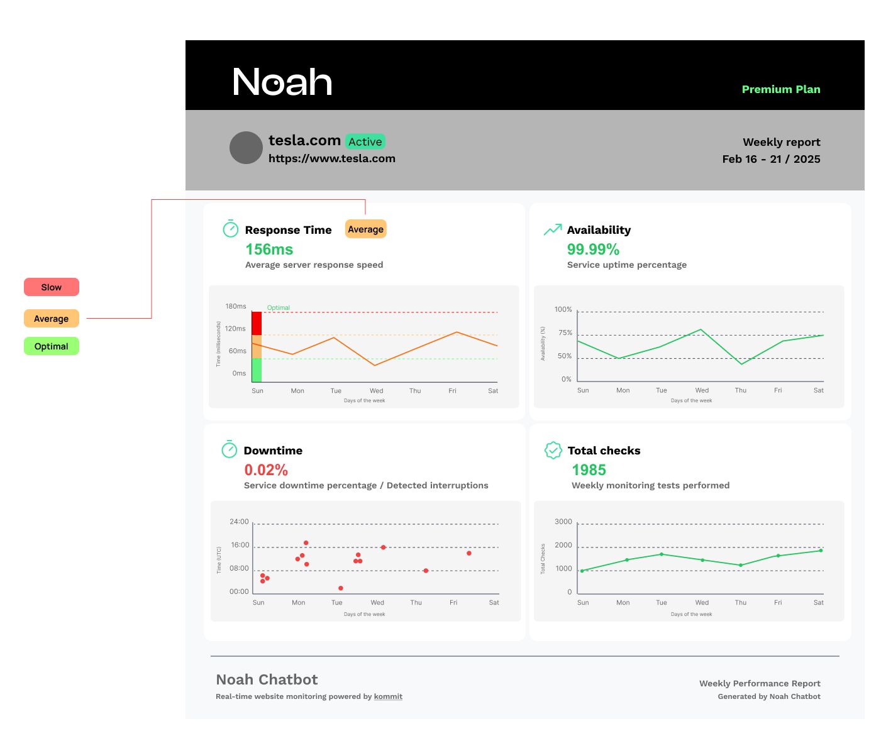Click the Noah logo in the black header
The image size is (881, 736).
(282, 82)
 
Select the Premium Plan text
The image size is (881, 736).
(781, 89)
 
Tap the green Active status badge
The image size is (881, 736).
(365, 142)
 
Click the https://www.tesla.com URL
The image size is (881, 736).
(332, 158)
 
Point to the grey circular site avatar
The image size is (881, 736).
(246, 148)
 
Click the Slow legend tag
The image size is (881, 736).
(52, 287)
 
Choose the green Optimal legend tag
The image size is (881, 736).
(52, 346)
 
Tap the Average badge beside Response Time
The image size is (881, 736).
(365, 229)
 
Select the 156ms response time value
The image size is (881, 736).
(269, 250)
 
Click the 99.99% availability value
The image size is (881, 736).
(593, 250)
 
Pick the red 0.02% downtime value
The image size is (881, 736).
(266, 470)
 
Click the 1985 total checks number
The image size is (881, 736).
(589, 470)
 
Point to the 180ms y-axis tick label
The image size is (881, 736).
(236, 306)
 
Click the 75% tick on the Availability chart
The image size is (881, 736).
(565, 332)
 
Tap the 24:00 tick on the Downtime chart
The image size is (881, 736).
(239, 522)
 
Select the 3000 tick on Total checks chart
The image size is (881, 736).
(563, 522)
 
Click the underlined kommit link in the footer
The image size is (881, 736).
(388, 696)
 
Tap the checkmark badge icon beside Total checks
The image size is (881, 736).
(553, 450)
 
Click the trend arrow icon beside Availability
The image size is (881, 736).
(552, 230)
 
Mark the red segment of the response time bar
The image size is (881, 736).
(257, 323)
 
